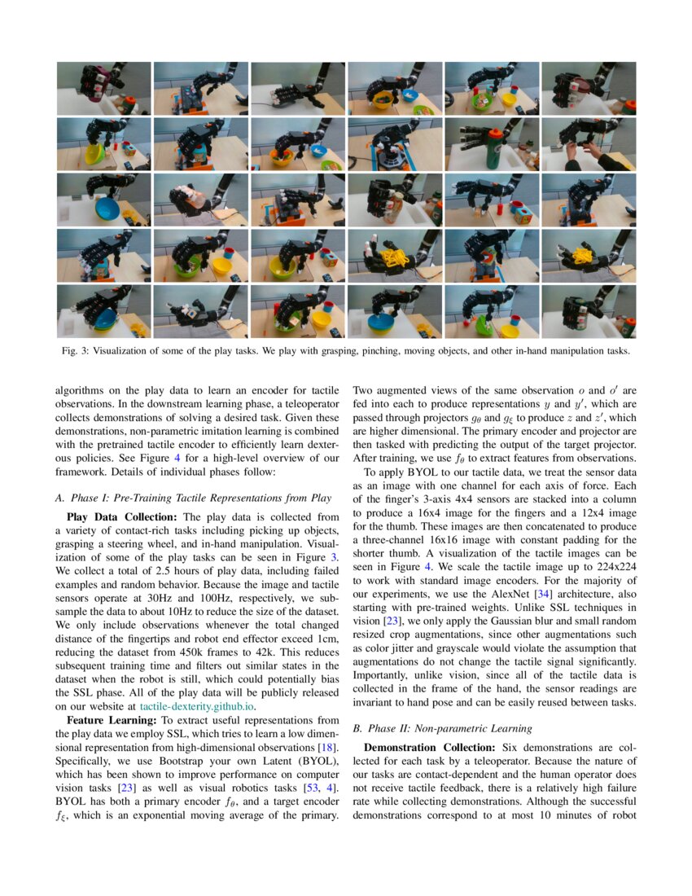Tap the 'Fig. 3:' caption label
pyautogui.click(x=78, y=352)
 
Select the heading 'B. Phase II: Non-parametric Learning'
pyautogui.click(x=441, y=728)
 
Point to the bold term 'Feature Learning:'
pyautogui.click(x=111, y=720)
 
